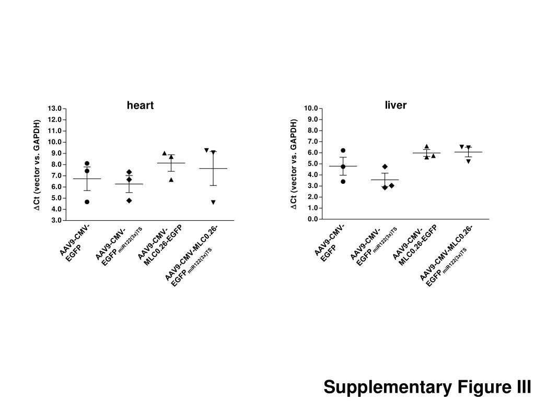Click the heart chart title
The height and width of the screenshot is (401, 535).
[x=140, y=105]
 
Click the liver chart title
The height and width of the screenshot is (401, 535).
[x=396, y=105]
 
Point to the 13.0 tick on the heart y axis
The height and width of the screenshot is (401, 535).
[x=54, y=109]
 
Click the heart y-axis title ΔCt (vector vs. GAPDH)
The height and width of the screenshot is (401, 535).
[x=37, y=165]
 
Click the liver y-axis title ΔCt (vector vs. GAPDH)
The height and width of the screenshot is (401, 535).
[x=294, y=164]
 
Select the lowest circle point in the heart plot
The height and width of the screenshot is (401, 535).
[x=87, y=202]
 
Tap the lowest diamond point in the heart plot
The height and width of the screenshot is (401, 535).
[x=129, y=200]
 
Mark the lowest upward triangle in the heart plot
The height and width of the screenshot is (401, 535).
[x=171, y=180]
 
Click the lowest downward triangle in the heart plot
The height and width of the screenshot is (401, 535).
[x=213, y=202]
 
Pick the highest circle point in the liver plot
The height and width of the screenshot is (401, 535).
[x=343, y=150]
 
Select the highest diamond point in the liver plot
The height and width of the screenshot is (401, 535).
[x=385, y=167]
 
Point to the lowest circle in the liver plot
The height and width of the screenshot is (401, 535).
[x=343, y=182]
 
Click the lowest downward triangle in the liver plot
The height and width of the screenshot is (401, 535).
[x=469, y=161]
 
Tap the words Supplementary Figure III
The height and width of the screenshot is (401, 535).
[x=427, y=387]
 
